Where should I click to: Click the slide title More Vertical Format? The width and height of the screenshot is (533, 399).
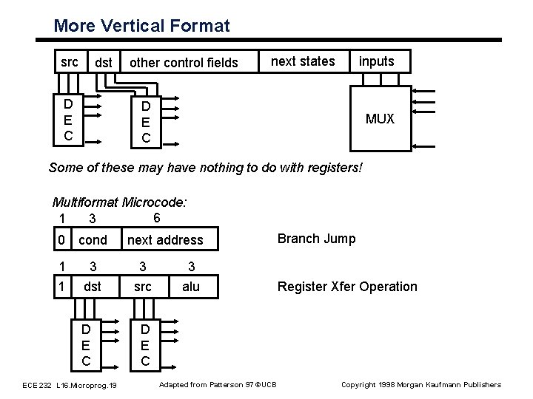[141, 27]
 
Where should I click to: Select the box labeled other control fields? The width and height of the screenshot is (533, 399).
[184, 63]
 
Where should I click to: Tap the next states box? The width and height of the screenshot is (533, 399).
[303, 61]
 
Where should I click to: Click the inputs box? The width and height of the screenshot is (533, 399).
[376, 61]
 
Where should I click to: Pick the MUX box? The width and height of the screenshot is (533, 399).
[380, 118]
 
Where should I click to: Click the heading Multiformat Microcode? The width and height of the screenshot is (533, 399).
[119, 202]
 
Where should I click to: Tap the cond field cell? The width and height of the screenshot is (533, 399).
[93, 240]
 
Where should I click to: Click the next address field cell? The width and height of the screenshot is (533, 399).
[165, 240]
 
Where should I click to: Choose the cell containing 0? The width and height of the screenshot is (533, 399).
[61, 240]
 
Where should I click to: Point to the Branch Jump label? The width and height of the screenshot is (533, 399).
[316, 239]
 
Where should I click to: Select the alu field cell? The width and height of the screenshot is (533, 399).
[191, 287]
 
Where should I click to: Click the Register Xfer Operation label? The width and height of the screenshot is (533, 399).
[346, 287]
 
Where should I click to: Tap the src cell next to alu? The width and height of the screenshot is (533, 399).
[144, 287]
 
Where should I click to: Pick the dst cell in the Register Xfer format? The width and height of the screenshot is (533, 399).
[93, 287]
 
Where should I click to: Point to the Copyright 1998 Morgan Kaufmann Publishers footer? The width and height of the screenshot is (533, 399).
[420, 384]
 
